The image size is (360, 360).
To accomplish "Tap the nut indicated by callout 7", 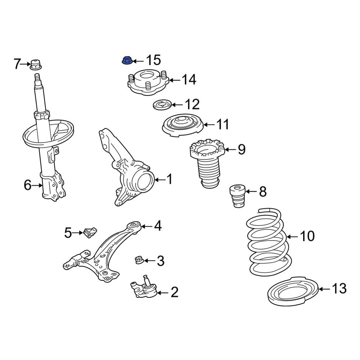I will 35,65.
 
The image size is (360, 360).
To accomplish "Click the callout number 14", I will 188,80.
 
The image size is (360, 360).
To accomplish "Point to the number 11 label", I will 222,125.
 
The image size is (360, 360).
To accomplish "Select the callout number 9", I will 241,149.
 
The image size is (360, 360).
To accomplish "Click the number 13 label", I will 339,288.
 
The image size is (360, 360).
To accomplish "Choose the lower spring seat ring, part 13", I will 292,293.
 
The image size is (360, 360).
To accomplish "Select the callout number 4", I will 157,226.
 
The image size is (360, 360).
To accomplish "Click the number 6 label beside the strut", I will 28,185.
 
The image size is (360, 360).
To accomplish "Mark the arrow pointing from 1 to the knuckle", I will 159,179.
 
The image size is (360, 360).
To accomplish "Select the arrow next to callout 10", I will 292,237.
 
